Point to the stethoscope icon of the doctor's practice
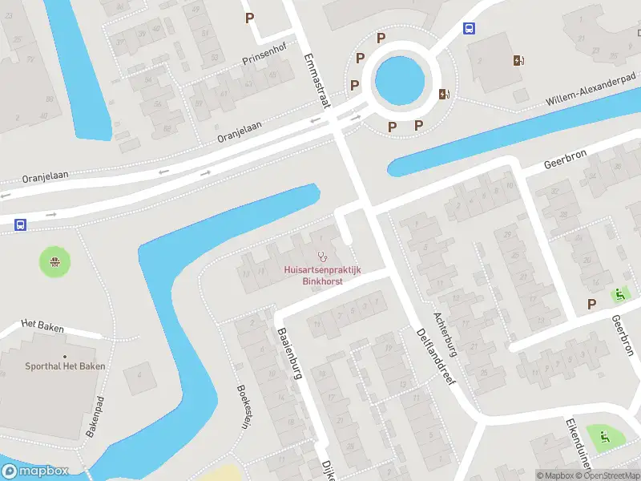(x=322, y=257)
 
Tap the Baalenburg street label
(x=289, y=354)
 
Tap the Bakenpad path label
(x=95, y=416)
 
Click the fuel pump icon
(x=519, y=60)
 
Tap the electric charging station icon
(x=444, y=94)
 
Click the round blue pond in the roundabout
(x=399, y=78)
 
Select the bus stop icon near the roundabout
(x=469, y=29)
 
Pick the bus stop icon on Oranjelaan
(x=18, y=224)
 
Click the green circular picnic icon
(x=54, y=261)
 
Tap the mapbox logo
(x=35, y=471)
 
